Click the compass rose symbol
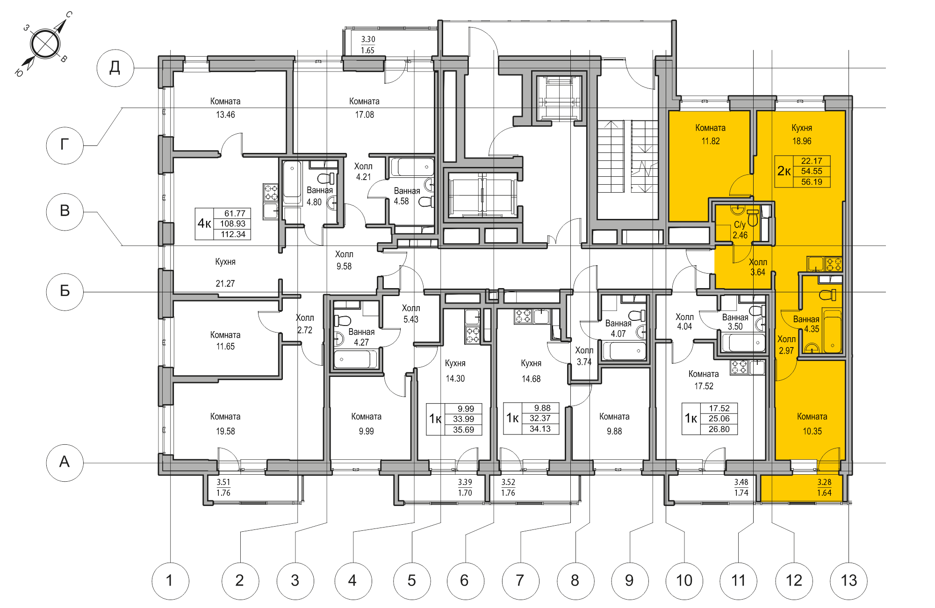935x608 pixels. point(45,44)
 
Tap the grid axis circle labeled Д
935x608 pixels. point(115,68)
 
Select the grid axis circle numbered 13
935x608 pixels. point(849,581)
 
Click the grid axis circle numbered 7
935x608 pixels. point(520,581)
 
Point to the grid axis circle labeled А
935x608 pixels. point(65,463)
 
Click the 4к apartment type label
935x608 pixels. point(204,224)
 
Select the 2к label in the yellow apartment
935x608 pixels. point(784,171)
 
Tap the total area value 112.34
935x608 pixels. point(233,234)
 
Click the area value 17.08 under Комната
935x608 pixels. point(364,115)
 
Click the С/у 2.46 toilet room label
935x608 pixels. point(740,230)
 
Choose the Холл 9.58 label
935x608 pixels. point(344,260)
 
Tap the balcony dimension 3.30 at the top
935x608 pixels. point(368,39)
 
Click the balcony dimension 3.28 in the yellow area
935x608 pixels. point(824,482)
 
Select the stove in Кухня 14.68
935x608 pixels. point(523,316)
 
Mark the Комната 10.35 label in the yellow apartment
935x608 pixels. point(812,423)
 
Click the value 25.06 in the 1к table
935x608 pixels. point(719,419)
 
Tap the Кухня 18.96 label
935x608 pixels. point(801,134)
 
